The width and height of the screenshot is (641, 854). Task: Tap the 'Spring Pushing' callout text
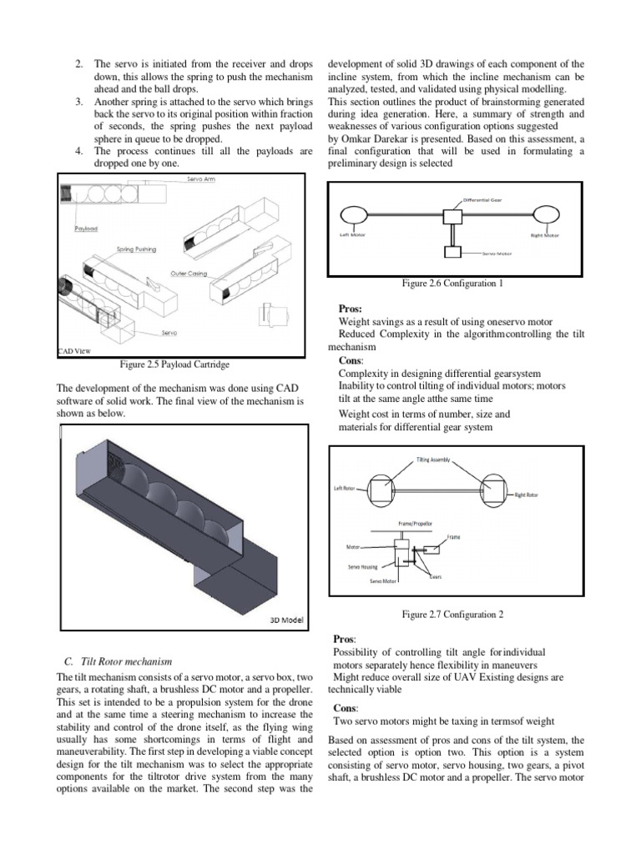click(x=135, y=249)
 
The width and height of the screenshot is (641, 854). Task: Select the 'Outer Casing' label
click(x=189, y=273)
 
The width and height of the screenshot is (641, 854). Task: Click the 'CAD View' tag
click(x=73, y=351)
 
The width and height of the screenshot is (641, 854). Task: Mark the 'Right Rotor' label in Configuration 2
click(x=526, y=495)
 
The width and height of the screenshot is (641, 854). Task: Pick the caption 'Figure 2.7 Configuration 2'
click(x=452, y=614)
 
